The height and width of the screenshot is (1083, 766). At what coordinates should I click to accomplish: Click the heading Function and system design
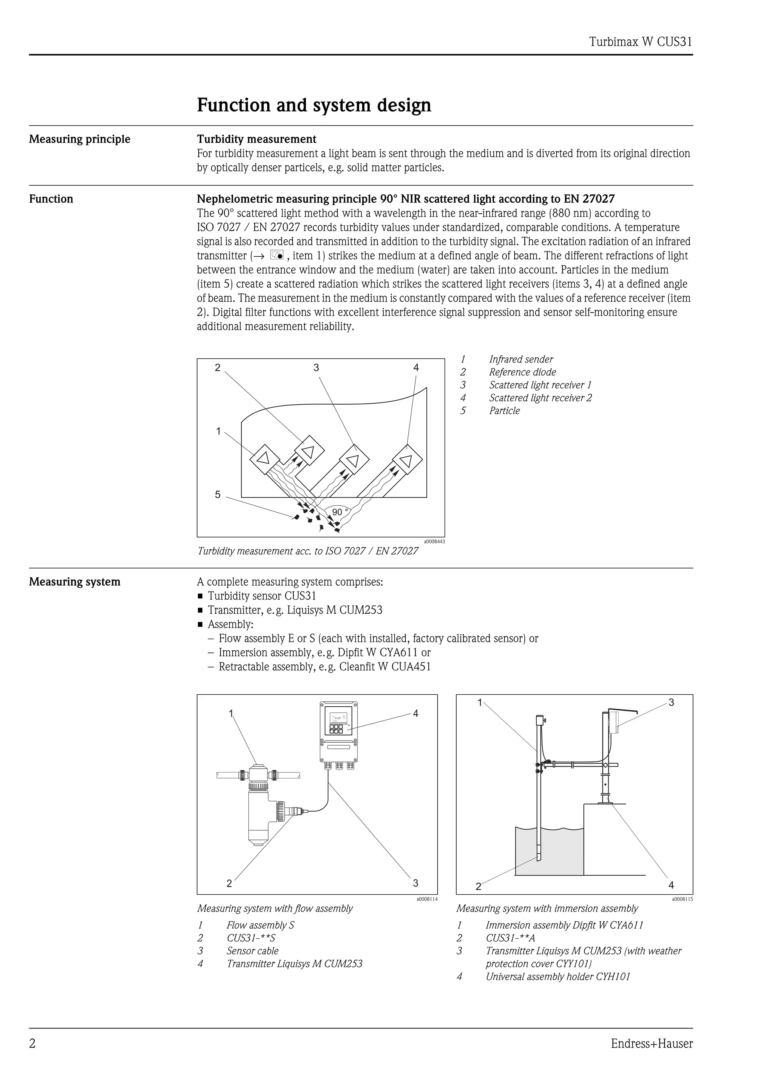pos(314,105)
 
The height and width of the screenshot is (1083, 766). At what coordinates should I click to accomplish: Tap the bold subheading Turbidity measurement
pos(256,139)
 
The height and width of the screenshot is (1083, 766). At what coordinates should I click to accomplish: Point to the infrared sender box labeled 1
pos(263,458)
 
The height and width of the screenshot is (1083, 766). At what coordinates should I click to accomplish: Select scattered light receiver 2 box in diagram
pos(407,459)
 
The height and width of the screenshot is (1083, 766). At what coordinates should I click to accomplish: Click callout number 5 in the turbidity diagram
pos(218,495)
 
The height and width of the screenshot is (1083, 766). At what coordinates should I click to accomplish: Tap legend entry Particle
pos(504,411)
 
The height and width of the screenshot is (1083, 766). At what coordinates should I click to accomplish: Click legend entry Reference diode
pos(522,372)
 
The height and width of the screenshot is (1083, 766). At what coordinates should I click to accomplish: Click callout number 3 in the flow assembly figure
pos(415,883)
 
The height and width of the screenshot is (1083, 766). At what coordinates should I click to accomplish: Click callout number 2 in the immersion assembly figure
pos(478,887)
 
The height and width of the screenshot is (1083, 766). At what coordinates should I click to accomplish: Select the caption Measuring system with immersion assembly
pos(546,908)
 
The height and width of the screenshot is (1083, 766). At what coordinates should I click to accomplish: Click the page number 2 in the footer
pos(32,1044)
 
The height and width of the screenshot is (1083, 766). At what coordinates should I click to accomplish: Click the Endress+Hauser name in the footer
pos(651,1044)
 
